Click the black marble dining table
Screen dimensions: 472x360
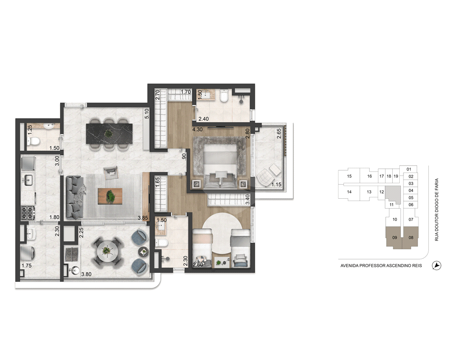click(x=109, y=133)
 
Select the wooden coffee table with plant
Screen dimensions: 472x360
click(x=110, y=196)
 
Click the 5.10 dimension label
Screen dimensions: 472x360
click(x=146, y=113)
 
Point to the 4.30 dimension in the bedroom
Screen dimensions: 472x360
click(x=198, y=130)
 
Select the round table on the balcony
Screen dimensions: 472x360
click(x=106, y=251)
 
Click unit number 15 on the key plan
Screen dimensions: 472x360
click(x=349, y=176)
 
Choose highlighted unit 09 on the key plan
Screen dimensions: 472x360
click(x=395, y=237)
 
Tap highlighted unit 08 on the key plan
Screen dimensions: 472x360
click(x=411, y=237)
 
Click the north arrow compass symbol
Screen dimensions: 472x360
click(x=436, y=266)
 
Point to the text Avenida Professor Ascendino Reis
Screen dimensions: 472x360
click(x=381, y=266)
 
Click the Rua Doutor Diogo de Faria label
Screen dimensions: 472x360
click(x=437, y=210)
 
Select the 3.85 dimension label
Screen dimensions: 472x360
click(x=143, y=218)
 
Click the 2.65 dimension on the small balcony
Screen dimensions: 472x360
click(x=279, y=134)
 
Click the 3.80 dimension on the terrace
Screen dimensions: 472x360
click(x=87, y=274)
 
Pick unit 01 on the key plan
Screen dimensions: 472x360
click(x=409, y=169)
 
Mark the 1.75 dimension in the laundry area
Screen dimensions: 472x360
click(x=26, y=266)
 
